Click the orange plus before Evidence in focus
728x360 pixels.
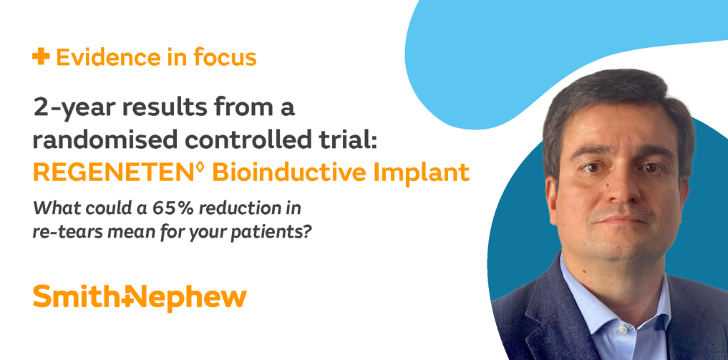coord(41,57)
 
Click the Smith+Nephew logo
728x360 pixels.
coord(140,297)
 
